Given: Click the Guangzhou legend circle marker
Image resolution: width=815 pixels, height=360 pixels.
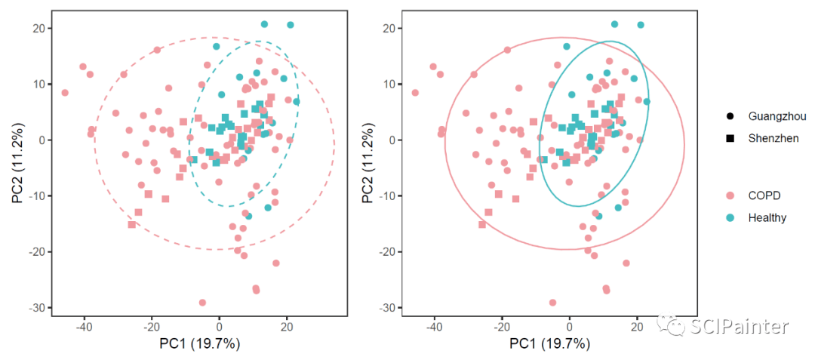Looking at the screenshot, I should coord(730,116).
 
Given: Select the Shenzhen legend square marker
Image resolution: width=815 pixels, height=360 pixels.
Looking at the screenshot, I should coord(730,138).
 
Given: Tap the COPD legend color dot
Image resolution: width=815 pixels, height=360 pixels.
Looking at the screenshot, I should coord(730,195).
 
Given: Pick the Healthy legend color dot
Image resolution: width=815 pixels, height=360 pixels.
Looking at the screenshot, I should coord(730,217).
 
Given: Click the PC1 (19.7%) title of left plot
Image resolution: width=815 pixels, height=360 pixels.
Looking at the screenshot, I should coord(199,344).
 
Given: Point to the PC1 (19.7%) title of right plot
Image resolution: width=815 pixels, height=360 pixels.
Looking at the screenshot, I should coord(549,344).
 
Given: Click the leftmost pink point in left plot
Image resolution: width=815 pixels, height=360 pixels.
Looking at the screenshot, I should coord(65,93).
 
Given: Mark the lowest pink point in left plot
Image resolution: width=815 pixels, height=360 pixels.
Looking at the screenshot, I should coord(202,303).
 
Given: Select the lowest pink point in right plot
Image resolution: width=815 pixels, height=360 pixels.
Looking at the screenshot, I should coord(553,303).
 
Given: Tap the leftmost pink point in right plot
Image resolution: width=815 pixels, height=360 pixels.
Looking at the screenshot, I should coord(415,93).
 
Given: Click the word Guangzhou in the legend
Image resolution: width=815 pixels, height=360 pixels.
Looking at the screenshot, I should coord(777,116).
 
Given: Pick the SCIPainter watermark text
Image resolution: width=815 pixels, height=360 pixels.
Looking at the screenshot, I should coord(739,327).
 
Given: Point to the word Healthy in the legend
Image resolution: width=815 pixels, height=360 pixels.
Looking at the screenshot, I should coord(767,217).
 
